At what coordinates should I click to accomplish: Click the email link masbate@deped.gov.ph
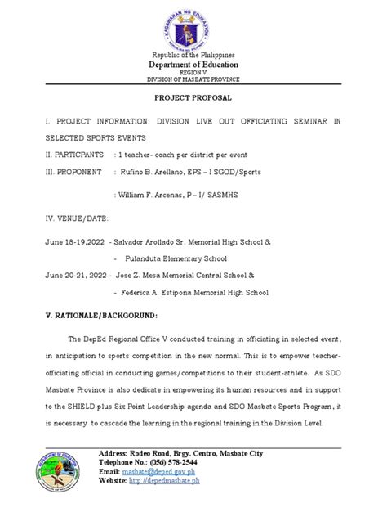pyautogui.click(x=162, y=472)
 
